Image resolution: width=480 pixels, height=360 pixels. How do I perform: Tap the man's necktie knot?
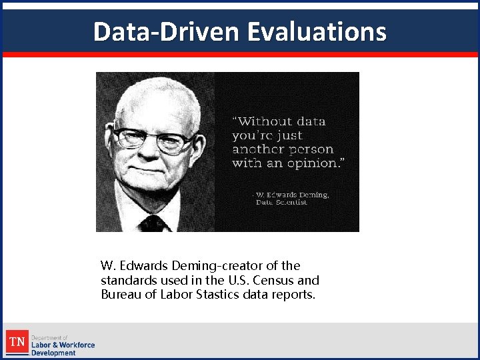click(153, 223)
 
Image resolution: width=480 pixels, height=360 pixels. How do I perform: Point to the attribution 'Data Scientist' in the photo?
click(281, 202)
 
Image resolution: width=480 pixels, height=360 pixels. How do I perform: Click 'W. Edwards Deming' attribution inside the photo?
click(293, 195)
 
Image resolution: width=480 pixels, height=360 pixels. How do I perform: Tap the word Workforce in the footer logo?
click(77, 345)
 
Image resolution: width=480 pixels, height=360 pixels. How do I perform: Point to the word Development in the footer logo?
click(53, 353)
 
